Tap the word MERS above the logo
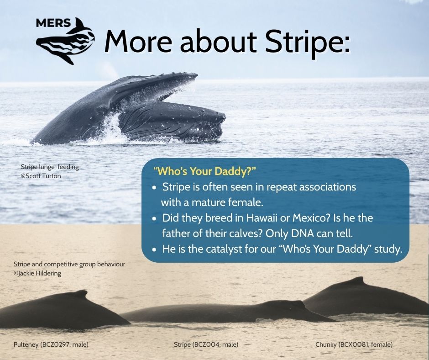(x=53, y=23)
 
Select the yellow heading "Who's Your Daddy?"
(x=204, y=171)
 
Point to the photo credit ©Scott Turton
(x=41, y=176)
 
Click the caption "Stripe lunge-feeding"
(x=50, y=167)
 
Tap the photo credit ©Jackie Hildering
(x=37, y=273)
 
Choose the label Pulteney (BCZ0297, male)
(x=51, y=344)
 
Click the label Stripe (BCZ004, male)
(x=206, y=344)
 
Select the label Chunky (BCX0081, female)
(x=354, y=344)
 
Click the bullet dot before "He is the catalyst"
(x=155, y=250)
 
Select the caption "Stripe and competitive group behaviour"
(x=69, y=265)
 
